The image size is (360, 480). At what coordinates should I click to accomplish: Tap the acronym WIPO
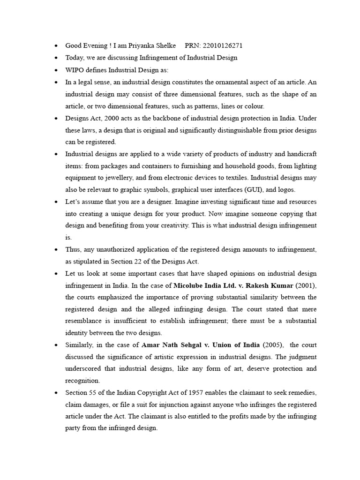pos(73,70)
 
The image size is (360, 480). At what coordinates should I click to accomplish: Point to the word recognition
pos(82,381)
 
